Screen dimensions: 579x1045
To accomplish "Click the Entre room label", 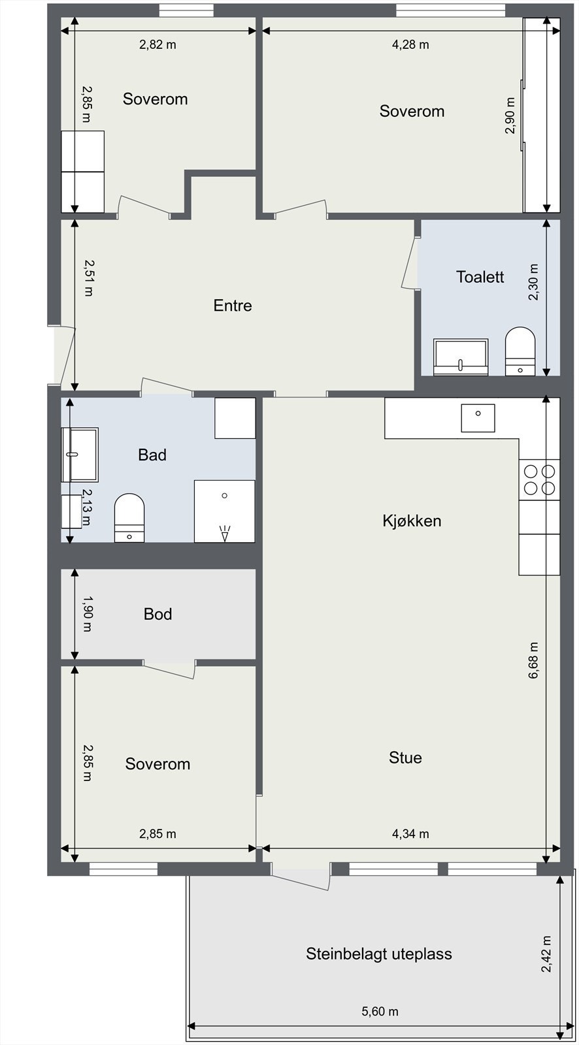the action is point(233,306).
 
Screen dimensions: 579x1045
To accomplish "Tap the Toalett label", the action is point(480,277).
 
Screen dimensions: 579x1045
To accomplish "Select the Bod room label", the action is point(158,614).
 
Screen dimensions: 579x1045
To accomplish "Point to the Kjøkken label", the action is point(412,521).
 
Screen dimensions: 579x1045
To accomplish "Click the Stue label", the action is point(405,758).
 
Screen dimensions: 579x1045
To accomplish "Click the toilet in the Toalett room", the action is point(520,351).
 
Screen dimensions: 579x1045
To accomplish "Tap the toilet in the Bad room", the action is point(129,518).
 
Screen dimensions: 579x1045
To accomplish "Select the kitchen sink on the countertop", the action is point(478,418).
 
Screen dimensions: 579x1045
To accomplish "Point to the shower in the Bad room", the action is point(225,511).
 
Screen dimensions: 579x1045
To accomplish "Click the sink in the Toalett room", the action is point(461,357).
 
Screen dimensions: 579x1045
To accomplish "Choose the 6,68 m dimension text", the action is point(534,660).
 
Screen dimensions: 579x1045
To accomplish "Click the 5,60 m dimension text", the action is point(380,1012).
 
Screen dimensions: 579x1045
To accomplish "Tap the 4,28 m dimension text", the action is point(410,45).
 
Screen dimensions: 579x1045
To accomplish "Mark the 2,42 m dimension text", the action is point(546,954).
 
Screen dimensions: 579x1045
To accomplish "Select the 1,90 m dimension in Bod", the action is point(88,613).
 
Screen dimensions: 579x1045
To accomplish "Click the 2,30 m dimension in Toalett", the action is point(534,282).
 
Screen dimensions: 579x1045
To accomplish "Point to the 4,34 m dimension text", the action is point(410,833).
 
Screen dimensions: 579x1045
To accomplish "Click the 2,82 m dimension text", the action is point(158,45).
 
